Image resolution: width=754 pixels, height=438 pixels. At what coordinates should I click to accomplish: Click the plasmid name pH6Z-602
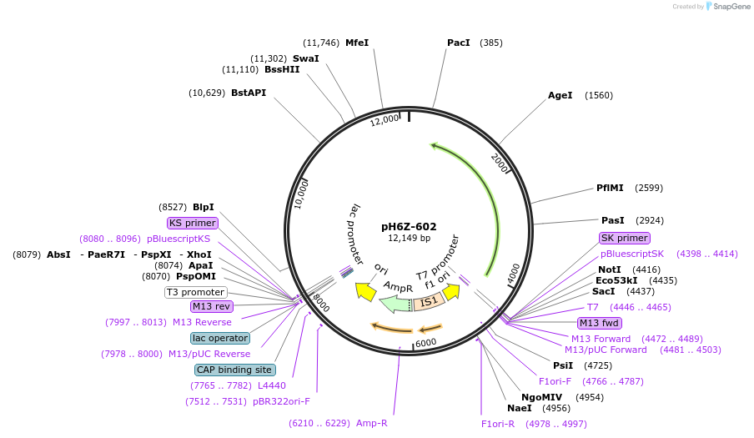click(x=409, y=226)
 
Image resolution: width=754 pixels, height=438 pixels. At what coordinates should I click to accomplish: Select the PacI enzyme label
click(x=459, y=43)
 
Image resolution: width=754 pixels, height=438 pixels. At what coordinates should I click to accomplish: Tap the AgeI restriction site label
click(x=560, y=95)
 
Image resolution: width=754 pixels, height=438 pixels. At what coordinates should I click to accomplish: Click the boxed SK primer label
click(x=624, y=238)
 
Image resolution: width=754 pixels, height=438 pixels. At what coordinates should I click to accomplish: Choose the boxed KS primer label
click(x=193, y=223)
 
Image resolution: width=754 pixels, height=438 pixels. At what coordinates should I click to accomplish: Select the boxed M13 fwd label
click(x=600, y=323)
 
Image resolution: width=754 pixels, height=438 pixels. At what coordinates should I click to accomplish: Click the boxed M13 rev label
click(x=212, y=306)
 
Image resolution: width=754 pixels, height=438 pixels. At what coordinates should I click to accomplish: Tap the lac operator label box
click(x=220, y=338)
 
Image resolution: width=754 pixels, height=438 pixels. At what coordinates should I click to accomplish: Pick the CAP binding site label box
click(x=234, y=370)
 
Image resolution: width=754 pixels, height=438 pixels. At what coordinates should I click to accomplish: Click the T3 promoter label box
click(x=196, y=292)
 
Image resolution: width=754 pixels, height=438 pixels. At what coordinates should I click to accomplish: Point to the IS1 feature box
click(x=429, y=301)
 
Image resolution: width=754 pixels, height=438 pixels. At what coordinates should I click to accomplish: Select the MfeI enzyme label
click(x=357, y=43)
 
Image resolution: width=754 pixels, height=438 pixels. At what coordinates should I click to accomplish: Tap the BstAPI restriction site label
click(x=249, y=93)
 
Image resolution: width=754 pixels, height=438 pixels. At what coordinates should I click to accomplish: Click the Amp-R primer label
click(x=372, y=423)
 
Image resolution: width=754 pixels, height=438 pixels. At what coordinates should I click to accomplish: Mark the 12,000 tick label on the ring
click(x=385, y=122)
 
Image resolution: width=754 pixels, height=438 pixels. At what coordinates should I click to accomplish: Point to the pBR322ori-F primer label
click(x=281, y=401)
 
